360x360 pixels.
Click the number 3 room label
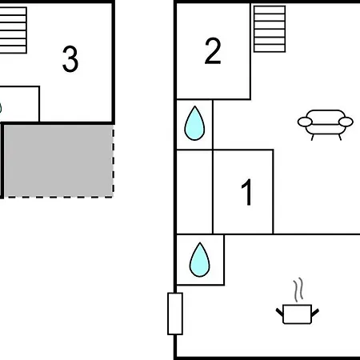coord(70,59)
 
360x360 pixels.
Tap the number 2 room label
coord(213,51)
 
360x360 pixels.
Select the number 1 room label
coord(247,192)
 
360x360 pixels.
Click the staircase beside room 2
coord(270,29)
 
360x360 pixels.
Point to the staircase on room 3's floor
coord(13,30)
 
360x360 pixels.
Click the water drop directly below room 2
coord(194,123)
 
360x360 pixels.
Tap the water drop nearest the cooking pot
coord(200,259)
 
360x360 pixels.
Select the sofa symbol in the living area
coord(326,125)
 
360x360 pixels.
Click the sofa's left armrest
coord(305,122)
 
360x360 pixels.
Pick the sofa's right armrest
coord(346,122)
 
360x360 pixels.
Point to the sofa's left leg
coord(312,137)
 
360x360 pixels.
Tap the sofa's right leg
coord(340,137)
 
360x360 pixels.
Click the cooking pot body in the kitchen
coord(297,314)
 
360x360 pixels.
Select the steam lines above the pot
coord(298,290)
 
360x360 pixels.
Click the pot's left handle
coord(279,312)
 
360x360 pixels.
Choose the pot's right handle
coord(315,312)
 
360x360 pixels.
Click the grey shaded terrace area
coord(58,161)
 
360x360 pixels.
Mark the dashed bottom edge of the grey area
coord(58,198)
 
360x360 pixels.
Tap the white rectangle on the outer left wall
coord(175,314)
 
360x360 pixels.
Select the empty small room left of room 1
coord(194,192)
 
